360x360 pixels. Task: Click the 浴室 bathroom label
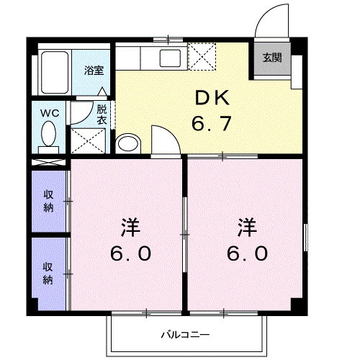click(x=93, y=71)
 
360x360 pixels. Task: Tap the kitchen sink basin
click(x=171, y=57)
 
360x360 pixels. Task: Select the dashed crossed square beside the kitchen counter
click(x=201, y=57)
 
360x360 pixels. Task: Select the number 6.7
click(x=211, y=124)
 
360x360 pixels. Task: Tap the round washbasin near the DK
click(x=128, y=143)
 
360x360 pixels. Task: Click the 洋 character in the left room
click(x=130, y=228)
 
